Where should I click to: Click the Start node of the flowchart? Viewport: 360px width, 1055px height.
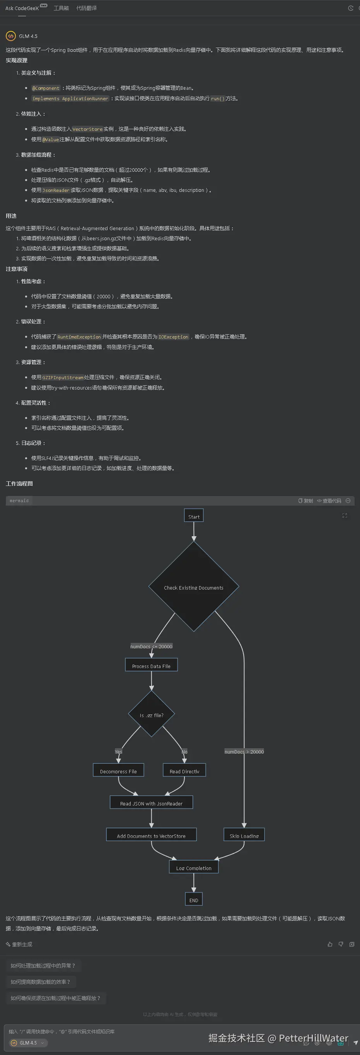[194, 516]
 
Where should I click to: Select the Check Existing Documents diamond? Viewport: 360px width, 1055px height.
[194, 587]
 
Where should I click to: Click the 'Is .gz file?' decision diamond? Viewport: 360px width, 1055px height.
[152, 715]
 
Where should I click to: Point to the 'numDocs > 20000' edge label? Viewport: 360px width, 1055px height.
[244, 752]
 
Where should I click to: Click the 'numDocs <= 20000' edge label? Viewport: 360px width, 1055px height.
[151, 646]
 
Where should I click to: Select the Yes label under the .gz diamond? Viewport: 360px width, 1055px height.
[118, 752]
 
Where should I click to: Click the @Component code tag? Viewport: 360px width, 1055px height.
[46, 88]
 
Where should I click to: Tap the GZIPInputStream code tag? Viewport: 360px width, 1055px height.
[63, 378]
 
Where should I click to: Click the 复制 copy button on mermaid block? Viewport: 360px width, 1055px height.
[305, 501]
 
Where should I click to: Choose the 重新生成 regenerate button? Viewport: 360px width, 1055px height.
[19, 944]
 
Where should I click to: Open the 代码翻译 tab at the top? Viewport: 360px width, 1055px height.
[86, 8]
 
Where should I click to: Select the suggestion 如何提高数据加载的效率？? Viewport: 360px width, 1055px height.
[40, 982]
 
